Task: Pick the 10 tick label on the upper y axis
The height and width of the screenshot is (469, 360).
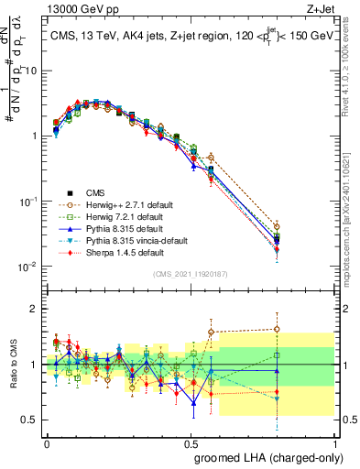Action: click(x=29, y=71)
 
